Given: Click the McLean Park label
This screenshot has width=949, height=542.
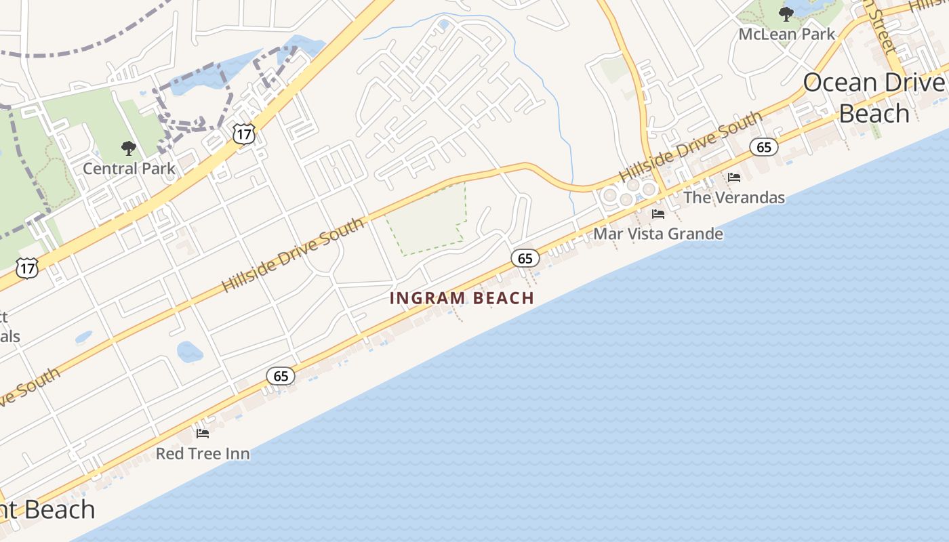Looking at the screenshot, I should coord(786,34).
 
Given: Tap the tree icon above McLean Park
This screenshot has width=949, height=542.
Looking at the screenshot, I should coord(786,14).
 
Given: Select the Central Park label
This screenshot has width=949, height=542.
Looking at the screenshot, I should coord(129,169).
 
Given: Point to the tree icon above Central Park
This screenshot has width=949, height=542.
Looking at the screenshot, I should coord(128,148).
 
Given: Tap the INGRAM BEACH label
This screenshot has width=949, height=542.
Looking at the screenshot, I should coord(462,298).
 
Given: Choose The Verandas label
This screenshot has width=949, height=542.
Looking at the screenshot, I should coord(733,198).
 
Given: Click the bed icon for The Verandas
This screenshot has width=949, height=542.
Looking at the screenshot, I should coord(734,178).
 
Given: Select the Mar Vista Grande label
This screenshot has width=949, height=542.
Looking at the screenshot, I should coord(658,234).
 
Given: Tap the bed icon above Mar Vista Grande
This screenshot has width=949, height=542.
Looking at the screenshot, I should coord(658,214).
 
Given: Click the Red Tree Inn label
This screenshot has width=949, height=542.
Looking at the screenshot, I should coord(203,454).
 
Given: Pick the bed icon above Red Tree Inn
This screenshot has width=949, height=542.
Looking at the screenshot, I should coord(203,434).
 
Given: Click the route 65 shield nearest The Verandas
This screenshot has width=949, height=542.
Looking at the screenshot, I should coord(764,147).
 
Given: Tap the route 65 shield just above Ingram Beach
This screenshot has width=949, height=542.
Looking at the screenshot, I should coord(525,258).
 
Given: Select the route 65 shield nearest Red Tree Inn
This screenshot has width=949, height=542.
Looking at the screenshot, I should coord(281,376).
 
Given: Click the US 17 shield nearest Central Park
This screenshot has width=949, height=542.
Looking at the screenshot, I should coord(243,133).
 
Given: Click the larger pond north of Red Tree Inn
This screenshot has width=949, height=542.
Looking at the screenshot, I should coord(190,352).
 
